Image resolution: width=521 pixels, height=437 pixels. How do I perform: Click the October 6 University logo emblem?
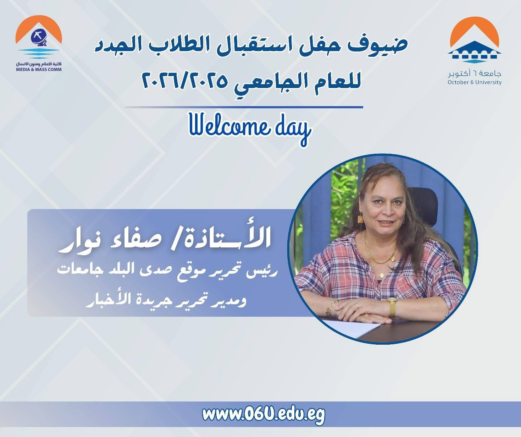474,40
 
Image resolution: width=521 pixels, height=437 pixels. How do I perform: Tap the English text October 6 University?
474,82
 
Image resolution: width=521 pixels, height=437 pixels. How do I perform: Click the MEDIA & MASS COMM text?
39,70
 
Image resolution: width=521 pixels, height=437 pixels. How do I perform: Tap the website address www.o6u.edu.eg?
264,415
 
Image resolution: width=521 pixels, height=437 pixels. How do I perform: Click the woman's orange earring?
361,218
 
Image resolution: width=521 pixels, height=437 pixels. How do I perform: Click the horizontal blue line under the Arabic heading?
244,107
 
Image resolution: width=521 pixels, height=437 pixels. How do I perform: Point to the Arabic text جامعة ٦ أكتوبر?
474,73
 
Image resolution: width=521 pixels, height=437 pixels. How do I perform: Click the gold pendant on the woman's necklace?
381,275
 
